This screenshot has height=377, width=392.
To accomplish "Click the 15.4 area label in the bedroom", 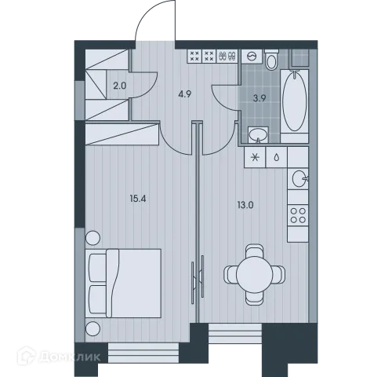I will coord(139,198).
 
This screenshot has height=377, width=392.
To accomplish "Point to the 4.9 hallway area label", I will coord(184,93).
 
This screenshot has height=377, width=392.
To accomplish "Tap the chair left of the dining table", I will coord(230,275).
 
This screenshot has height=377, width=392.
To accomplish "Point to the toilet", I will coord(272,60).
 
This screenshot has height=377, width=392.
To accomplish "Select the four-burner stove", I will coord(299,216).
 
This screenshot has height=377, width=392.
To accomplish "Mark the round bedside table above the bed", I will coord(93,238).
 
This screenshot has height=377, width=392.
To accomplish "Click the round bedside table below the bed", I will coord(93,328).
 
